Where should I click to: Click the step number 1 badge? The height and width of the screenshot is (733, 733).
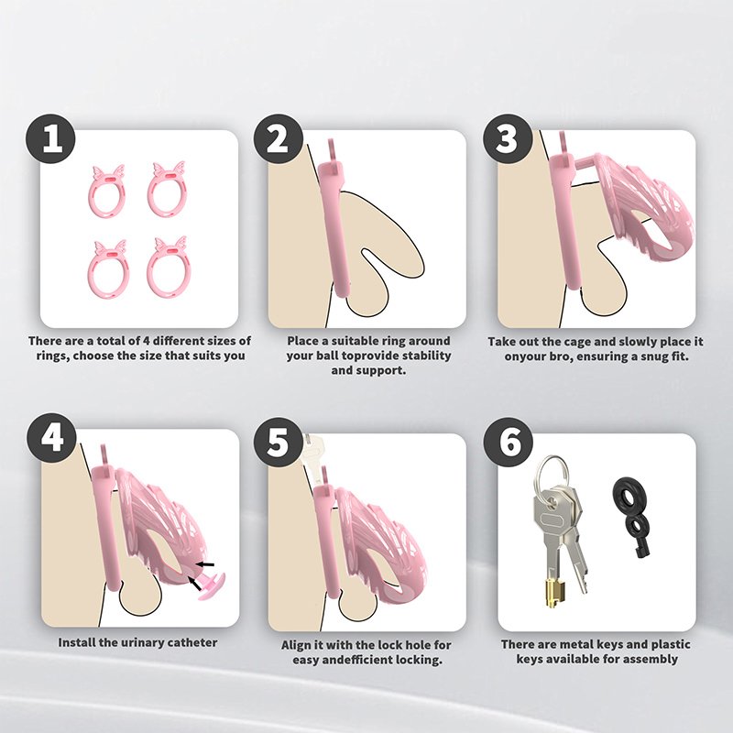click(50, 138)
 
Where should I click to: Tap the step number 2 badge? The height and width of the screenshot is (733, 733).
click(279, 138)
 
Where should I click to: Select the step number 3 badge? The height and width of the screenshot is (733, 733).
click(508, 138)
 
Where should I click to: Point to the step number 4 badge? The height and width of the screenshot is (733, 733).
click(50, 438)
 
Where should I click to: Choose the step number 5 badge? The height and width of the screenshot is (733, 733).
click(279, 443)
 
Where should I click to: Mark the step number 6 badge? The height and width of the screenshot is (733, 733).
click(508, 443)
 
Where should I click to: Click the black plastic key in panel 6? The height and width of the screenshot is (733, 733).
click(631, 514)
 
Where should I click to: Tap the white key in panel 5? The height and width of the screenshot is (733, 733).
click(314, 455)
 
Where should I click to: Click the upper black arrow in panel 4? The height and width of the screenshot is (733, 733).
click(205, 564)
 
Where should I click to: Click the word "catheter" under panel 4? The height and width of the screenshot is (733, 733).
click(192, 643)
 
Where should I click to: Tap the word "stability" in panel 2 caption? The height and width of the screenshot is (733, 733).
click(427, 356)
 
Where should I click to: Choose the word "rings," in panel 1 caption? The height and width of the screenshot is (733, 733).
click(53, 356)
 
